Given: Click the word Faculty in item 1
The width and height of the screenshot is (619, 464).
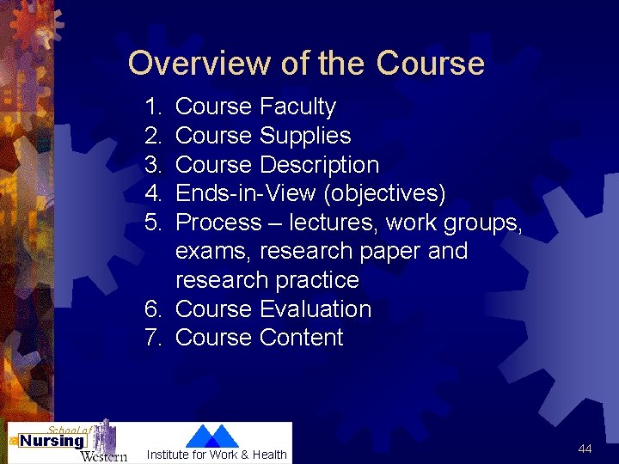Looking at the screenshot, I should coord(297,107).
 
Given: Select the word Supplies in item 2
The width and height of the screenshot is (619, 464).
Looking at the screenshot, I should coord(305,136).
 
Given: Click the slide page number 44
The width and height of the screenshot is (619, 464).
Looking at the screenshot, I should coord(585,449).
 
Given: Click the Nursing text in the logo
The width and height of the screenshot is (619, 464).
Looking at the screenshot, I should coord(52,442).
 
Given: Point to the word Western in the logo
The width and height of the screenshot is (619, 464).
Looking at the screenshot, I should coord(103,455).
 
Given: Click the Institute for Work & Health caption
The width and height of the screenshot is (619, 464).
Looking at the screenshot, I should coord(217,455).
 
